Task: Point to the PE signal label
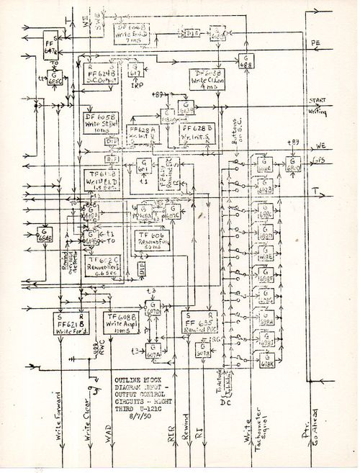click(x=315, y=43)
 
